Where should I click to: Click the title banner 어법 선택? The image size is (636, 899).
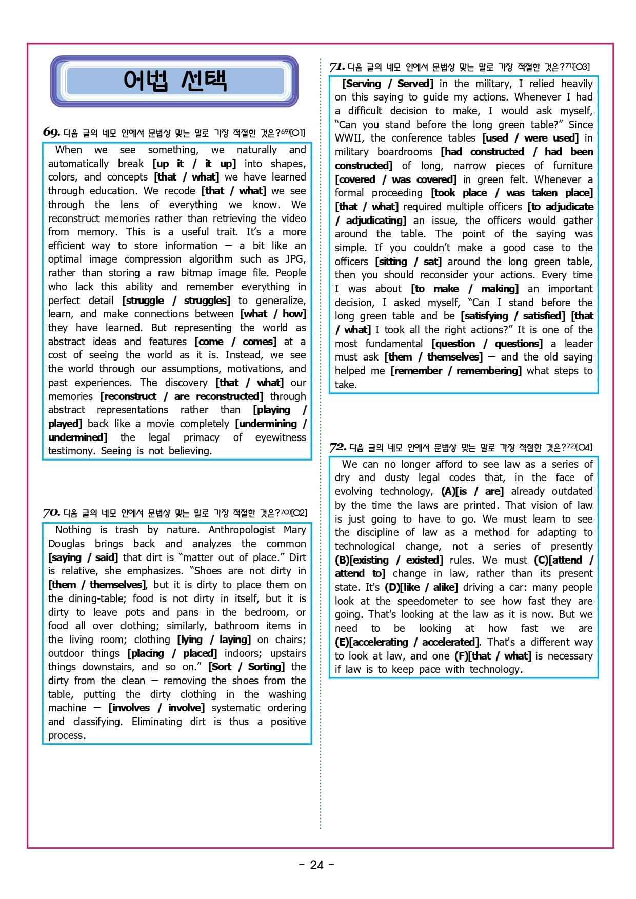pos(174,81)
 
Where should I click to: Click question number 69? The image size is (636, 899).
pos(51,132)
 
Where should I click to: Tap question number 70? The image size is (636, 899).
pos(51,512)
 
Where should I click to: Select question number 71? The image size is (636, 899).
pos(337,67)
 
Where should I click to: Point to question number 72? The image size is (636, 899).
pos(338,447)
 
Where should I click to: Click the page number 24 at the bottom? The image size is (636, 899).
pos(317,865)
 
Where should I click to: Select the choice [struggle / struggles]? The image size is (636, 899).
pos(176,301)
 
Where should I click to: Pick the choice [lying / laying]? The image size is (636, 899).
pos(214,640)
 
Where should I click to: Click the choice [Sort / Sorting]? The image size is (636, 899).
pos(246,667)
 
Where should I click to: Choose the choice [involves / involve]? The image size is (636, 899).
pos(156,708)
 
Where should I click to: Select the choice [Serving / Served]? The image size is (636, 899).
pos(387,84)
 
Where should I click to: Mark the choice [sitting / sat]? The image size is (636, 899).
pos(408,262)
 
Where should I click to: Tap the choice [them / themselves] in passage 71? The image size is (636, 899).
pos(433,357)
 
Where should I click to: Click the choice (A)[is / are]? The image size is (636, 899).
pos(472,491)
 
